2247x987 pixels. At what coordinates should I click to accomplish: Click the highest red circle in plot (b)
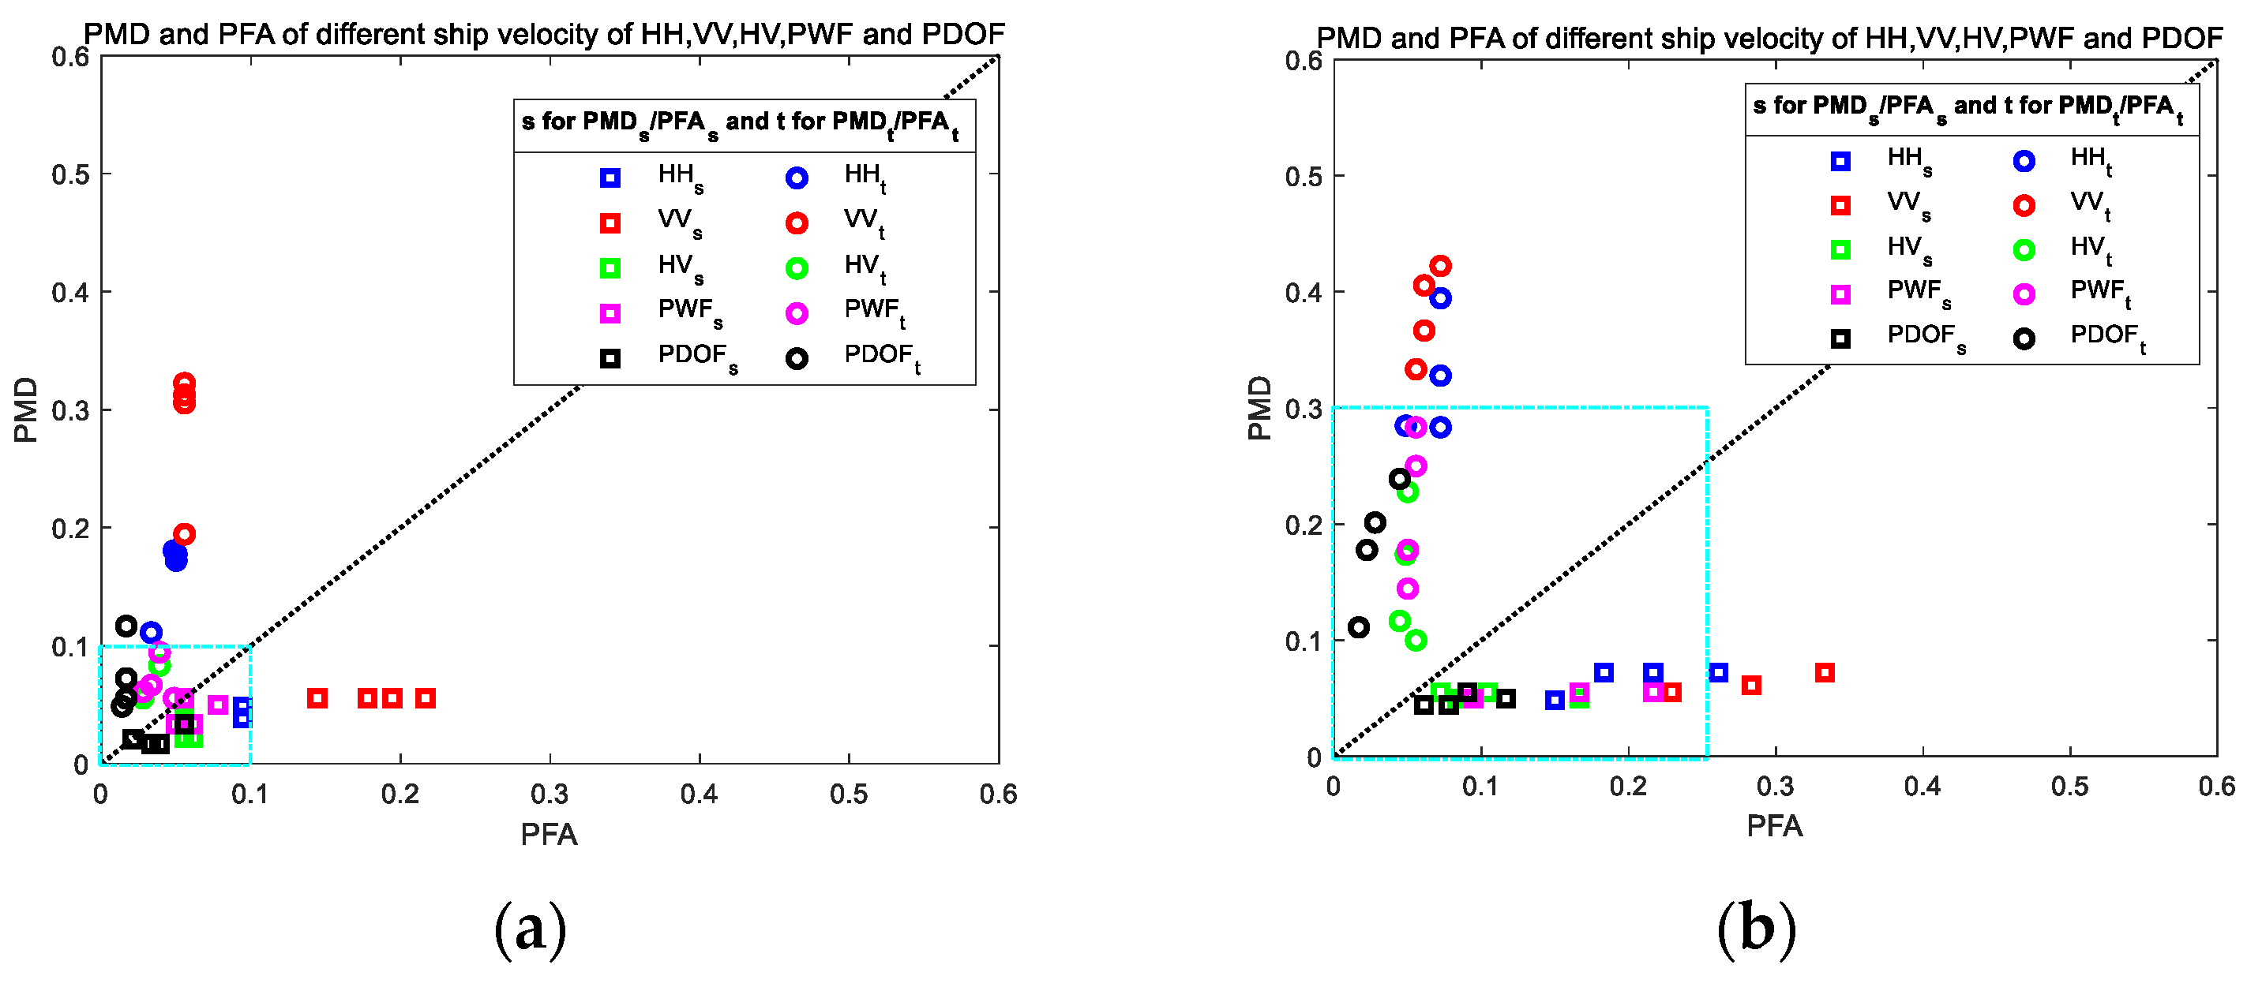(x=1440, y=266)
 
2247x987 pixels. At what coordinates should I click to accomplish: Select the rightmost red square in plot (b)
(x=1824, y=672)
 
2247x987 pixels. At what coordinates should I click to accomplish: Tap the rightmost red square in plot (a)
(x=425, y=697)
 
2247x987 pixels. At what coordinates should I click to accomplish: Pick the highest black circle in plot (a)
(x=126, y=625)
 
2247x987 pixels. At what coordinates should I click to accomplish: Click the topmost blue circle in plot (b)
(x=1440, y=298)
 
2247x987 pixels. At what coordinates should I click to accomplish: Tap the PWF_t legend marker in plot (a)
(x=797, y=313)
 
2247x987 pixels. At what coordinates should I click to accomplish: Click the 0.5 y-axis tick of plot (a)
(x=69, y=174)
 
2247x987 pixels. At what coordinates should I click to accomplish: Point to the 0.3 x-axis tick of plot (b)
(x=1774, y=787)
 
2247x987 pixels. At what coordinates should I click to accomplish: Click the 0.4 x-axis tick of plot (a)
(x=699, y=794)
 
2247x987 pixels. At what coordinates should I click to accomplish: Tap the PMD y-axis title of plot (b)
(x=1259, y=407)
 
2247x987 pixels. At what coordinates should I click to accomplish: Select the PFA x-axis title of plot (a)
(x=549, y=835)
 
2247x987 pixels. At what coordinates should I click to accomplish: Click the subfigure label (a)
(x=531, y=929)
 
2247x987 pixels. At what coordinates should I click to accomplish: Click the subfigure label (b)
(x=1756, y=929)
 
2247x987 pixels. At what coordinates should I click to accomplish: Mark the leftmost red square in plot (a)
(x=317, y=697)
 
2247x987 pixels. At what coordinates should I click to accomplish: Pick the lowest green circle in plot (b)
(x=1416, y=640)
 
